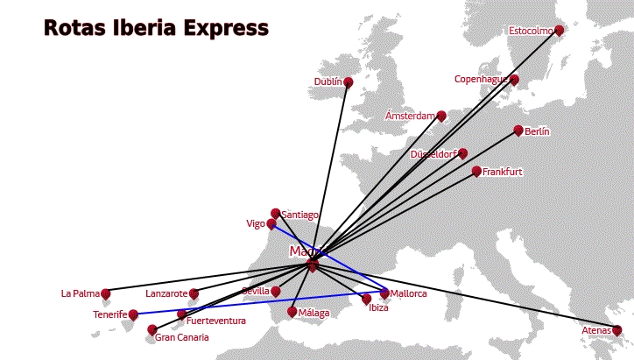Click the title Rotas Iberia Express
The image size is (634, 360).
click(x=156, y=28)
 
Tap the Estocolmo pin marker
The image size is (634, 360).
click(x=560, y=31)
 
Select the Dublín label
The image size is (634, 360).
click(x=328, y=81)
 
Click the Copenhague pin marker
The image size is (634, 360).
click(x=514, y=80)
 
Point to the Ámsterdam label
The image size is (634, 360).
click(x=410, y=116)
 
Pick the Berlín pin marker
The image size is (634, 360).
click(x=518, y=131)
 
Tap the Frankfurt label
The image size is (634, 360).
click(x=502, y=172)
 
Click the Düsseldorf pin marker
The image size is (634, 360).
click(x=463, y=153)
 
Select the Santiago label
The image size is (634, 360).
click(x=300, y=215)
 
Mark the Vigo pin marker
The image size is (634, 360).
click(x=271, y=224)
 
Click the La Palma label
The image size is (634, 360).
click(x=80, y=293)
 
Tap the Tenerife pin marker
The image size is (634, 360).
click(x=133, y=314)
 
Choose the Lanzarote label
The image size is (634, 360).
click(x=166, y=293)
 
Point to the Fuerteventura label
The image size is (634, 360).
click(x=216, y=321)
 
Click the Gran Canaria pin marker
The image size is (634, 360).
click(x=152, y=330)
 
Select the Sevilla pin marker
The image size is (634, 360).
click(x=276, y=291)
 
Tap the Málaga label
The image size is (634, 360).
click(x=313, y=313)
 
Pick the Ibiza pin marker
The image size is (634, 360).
click(x=367, y=300)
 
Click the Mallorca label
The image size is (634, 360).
click(x=408, y=293)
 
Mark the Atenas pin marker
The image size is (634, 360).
click(x=616, y=330)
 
